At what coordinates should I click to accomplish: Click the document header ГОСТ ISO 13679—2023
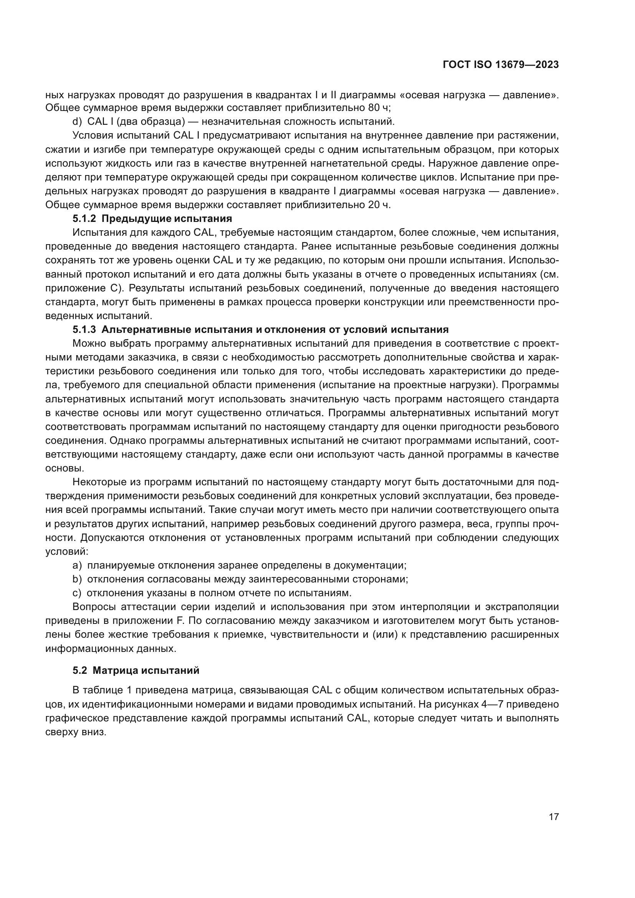[501, 65]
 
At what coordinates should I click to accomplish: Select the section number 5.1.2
[84, 218]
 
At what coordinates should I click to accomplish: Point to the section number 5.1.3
[84, 329]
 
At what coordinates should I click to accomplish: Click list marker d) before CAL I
[77, 121]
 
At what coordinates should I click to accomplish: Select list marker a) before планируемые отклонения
[77, 565]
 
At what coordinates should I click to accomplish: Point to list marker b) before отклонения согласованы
[77, 579]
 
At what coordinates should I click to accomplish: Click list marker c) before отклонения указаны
[77, 593]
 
